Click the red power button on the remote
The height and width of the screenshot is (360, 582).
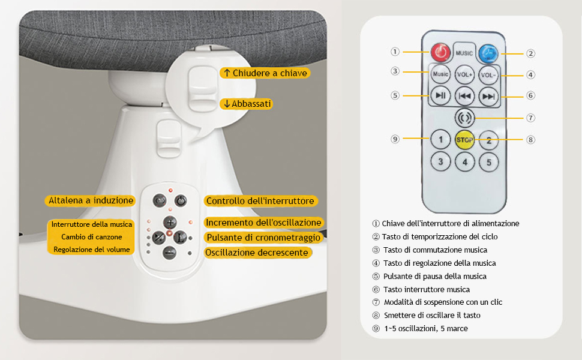coord(440,52)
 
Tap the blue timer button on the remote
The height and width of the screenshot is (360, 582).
coord(488,53)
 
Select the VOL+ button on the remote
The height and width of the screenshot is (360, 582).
coord(465,74)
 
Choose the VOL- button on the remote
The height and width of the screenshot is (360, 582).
coord(488,75)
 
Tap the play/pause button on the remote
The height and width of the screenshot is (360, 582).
coord(440,95)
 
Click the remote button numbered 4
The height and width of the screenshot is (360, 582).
coord(465,162)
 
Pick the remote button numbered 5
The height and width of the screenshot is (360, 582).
coord(489,162)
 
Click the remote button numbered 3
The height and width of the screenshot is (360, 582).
coord(440,161)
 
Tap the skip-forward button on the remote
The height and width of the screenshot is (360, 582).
coord(488,97)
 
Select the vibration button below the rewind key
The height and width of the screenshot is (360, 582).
coord(465,118)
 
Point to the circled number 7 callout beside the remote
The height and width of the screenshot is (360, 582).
coord(531,118)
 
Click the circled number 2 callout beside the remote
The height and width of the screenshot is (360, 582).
coord(531,53)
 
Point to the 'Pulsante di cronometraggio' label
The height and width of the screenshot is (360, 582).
coord(263,238)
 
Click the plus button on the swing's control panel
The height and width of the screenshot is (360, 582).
coord(170,223)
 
